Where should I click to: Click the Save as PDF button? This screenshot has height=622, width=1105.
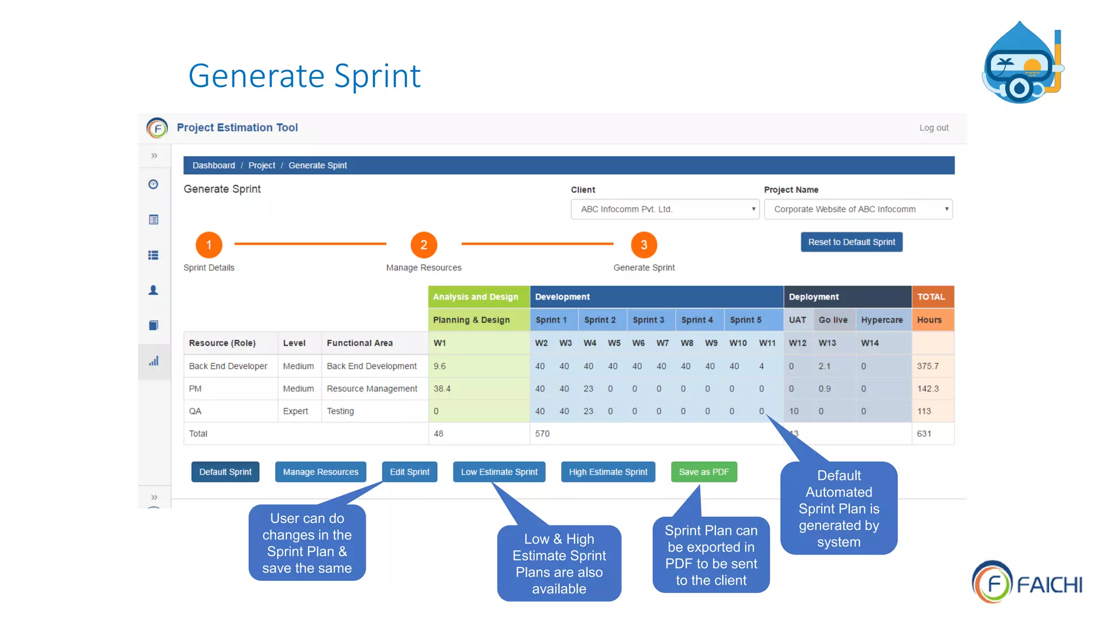pyautogui.click(x=704, y=471)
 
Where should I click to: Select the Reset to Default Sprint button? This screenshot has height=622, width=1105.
pyautogui.click(x=851, y=242)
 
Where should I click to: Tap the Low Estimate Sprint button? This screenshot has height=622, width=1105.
pyautogui.click(x=499, y=471)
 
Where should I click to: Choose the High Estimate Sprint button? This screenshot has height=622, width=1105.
pyautogui.click(x=608, y=471)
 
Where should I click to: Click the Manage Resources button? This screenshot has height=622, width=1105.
pyautogui.click(x=320, y=471)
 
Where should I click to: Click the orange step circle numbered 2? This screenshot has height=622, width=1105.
pyautogui.click(x=424, y=245)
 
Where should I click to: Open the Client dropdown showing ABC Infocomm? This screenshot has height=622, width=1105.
pyautogui.click(x=665, y=209)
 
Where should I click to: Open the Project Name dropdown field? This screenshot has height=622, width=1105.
pyautogui.click(x=858, y=209)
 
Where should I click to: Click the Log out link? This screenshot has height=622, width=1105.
pyautogui.click(x=933, y=128)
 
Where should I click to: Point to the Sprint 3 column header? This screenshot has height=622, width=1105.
pyautogui.click(x=648, y=320)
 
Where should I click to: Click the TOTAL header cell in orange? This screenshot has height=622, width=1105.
pyautogui.click(x=932, y=296)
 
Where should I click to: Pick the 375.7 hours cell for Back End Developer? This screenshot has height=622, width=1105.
pyautogui.click(x=928, y=366)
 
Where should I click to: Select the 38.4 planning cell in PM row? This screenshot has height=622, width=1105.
pyautogui.click(x=442, y=389)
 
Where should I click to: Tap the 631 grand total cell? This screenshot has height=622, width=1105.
pyautogui.click(x=924, y=434)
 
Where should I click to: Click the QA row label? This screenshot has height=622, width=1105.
pyautogui.click(x=195, y=411)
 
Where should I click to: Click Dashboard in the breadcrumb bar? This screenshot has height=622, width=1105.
pyautogui.click(x=214, y=165)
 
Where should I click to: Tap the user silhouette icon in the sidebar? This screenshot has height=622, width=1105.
pyautogui.click(x=154, y=290)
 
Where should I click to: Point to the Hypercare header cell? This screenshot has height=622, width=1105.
pyautogui.click(x=882, y=320)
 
